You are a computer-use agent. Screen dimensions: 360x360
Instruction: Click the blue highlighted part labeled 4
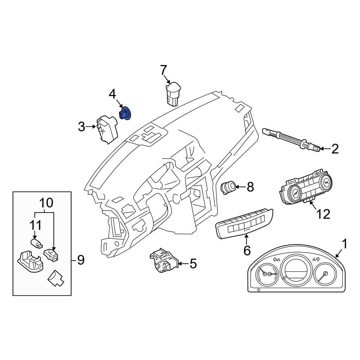pyautogui.click(x=125, y=113)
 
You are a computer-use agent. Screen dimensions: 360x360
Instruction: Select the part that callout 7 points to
pyautogui.click(x=173, y=94)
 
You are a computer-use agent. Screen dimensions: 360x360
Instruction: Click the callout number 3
pyautogui.click(x=81, y=127)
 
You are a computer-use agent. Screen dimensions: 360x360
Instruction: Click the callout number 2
pyautogui.click(x=335, y=149)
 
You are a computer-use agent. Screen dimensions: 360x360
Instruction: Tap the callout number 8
pyautogui.click(x=250, y=187)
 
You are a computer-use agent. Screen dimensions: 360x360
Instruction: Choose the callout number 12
pyautogui.click(x=323, y=214)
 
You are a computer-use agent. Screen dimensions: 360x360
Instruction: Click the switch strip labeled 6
pyautogui.click(x=244, y=224)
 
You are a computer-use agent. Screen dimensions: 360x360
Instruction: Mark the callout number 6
pyautogui.click(x=247, y=250)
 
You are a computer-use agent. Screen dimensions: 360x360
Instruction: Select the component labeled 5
pyautogui.click(x=164, y=260)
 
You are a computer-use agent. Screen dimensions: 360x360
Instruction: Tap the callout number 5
pyautogui.click(x=193, y=264)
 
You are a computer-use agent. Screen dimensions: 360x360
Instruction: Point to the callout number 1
pyautogui.click(x=344, y=244)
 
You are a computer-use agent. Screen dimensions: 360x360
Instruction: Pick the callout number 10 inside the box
pyautogui.click(x=46, y=203)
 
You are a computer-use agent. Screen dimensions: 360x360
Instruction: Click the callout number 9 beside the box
pyautogui.click(x=81, y=260)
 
